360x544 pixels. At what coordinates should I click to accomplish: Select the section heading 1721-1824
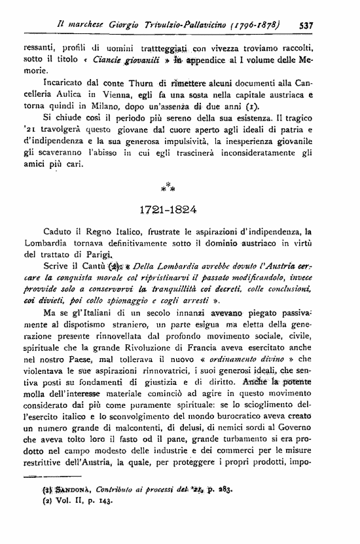pos(179,211)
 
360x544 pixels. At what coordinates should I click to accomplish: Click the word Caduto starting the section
pos(58,231)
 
